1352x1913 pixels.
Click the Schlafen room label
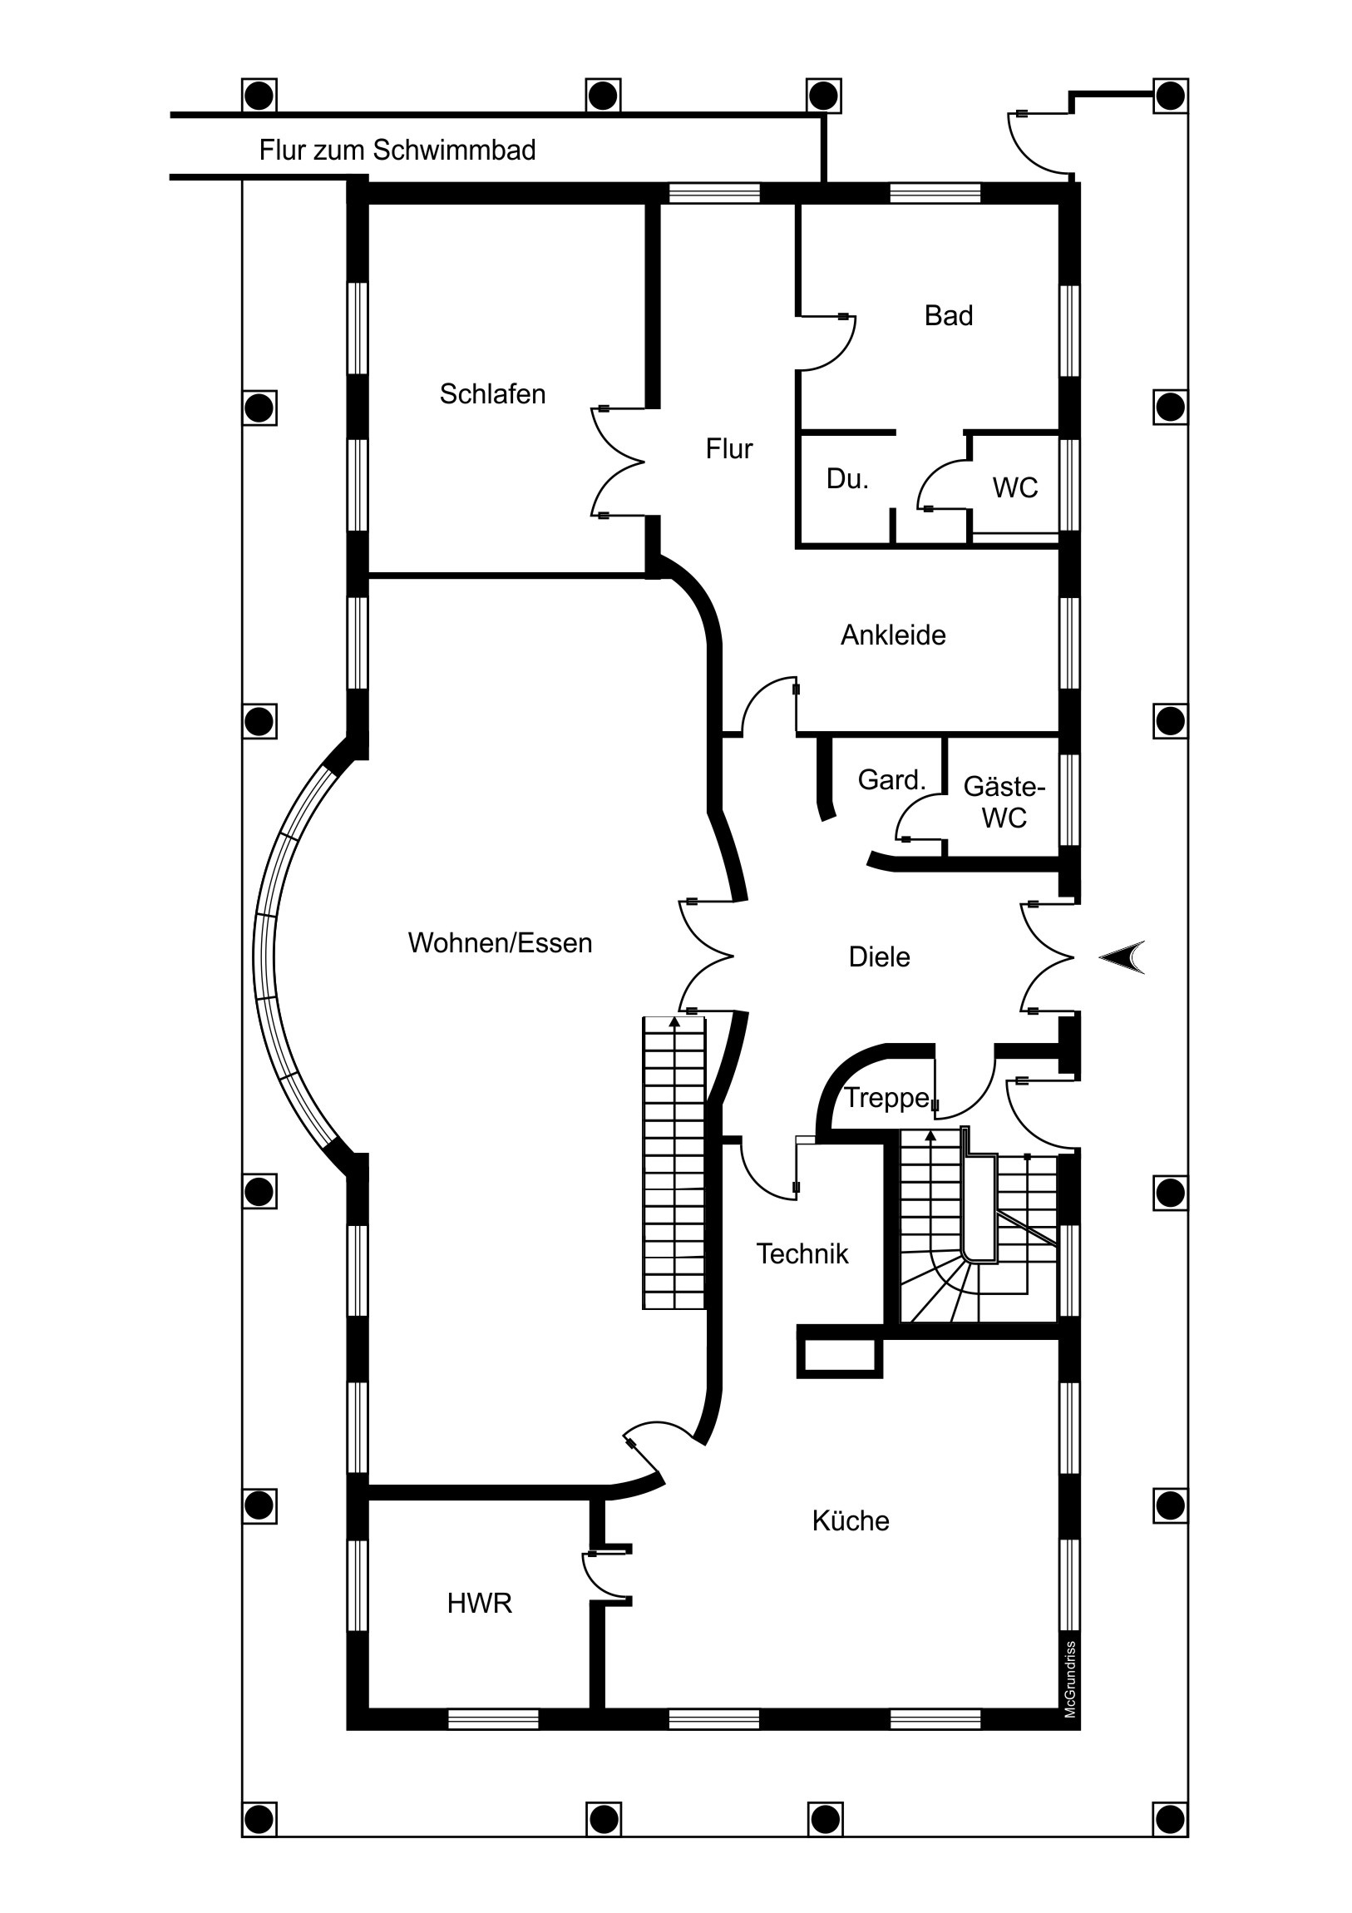492,394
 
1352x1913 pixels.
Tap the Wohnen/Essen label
500,943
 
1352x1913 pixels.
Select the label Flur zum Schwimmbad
397,150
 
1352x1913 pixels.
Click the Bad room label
948,316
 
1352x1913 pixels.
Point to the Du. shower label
847,479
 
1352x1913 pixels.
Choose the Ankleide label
893,635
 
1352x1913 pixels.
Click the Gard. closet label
891,781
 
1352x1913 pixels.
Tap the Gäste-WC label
1004,803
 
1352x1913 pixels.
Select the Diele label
879,957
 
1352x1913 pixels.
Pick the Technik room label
802,1254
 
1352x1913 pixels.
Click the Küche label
851,1521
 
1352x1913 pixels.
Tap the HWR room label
479,1604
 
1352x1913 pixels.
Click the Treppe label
886,1099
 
